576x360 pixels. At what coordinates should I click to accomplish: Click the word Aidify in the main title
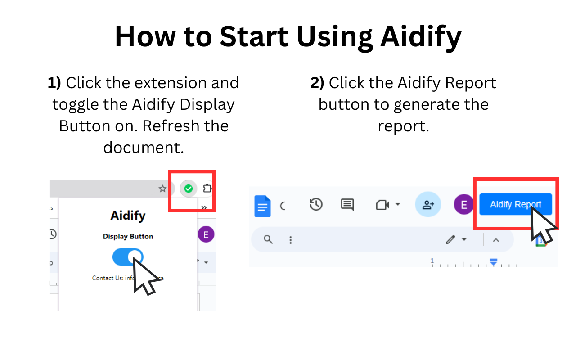click(421, 37)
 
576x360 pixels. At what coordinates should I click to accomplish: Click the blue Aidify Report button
click(515, 205)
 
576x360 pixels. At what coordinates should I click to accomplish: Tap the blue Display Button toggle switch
click(128, 257)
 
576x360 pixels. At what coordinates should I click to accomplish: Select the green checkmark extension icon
click(189, 189)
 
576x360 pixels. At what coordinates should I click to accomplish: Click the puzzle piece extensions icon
click(207, 189)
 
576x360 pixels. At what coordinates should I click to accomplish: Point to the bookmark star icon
click(162, 189)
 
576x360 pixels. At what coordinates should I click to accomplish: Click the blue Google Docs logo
click(262, 206)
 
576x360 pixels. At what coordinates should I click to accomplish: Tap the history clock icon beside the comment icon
click(316, 205)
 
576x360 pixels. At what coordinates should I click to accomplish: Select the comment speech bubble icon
click(347, 205)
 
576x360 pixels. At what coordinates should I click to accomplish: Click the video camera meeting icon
click(382, 205)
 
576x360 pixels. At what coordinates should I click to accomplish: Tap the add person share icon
click(428, 205)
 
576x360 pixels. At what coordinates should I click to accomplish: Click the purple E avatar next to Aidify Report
click(463, 205)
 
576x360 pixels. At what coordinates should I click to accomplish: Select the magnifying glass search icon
click(268, 239)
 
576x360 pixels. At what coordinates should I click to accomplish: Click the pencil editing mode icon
click(450, 239)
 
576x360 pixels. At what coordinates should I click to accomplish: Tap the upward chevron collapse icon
click(496, 240)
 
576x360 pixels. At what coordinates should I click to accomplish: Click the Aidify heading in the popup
click(128, 216)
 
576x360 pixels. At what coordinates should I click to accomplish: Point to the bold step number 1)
click(54, 83)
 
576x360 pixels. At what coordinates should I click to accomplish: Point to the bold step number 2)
click(317, 83)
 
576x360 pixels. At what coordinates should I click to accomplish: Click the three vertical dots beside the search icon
click(291, 240)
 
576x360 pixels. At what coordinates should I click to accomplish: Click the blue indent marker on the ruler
click(494, 261)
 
